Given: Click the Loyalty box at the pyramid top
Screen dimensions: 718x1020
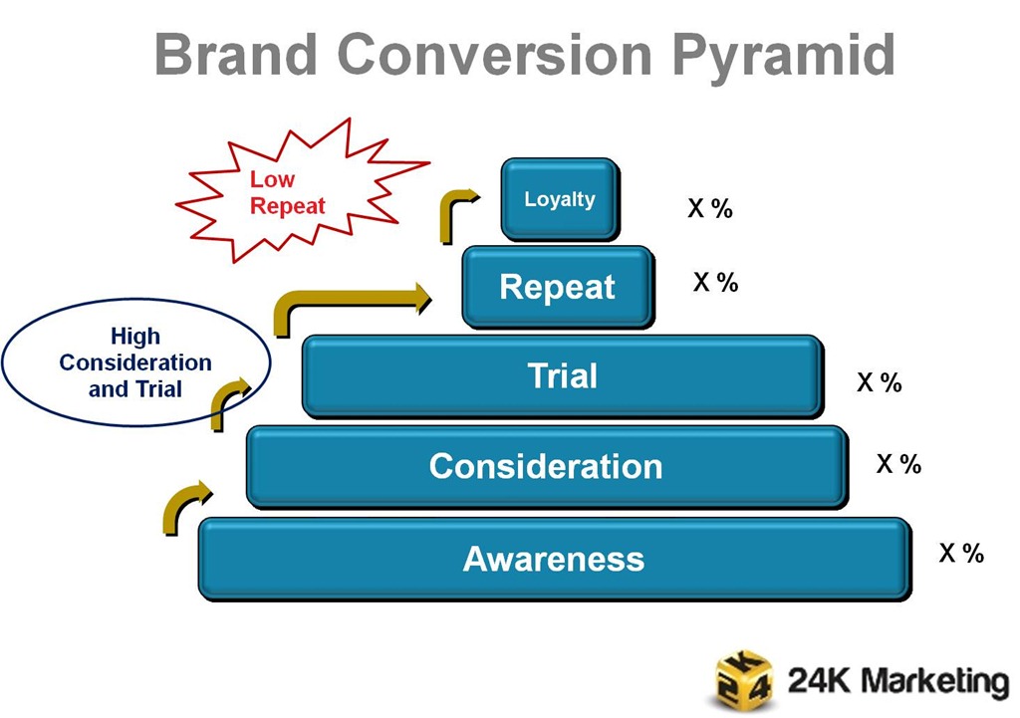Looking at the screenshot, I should (x=559, y=199).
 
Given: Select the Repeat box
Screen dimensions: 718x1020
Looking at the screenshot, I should (x=557, y=287).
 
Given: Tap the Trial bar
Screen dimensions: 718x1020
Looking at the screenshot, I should (x=562, y=375).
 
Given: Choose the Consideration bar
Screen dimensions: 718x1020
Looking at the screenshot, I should (x=546, y=466).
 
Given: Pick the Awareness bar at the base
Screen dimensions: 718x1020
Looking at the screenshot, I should (x=554, y=559).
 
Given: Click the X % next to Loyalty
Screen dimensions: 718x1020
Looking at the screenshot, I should (x=710, y=209).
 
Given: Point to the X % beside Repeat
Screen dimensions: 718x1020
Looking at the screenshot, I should (x=715, y=283).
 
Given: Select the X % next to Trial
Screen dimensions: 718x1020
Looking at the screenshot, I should (x=879, y=382).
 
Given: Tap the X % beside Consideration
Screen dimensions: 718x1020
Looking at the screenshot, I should (x=898, y=464).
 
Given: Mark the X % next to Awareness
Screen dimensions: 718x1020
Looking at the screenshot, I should (x=961, y=554).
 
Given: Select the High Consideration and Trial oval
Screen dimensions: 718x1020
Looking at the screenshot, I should (x=135, y=363).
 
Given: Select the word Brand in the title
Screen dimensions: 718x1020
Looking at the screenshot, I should (x=238, y=54).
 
